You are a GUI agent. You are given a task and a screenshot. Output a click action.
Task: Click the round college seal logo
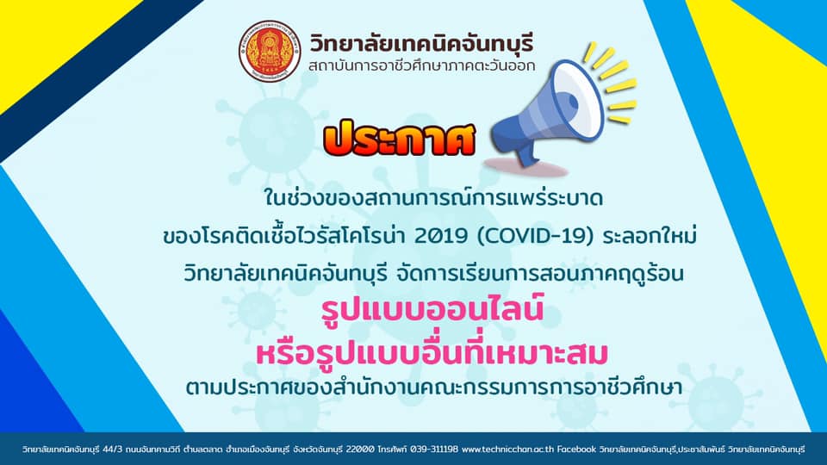pos(270,51)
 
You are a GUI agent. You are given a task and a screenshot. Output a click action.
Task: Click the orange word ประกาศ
pos(399,138)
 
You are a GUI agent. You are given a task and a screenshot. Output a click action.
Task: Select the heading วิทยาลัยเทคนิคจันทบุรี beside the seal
pos(421,42)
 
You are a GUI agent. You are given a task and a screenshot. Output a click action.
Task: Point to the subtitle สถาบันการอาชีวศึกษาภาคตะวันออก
pos(421,65)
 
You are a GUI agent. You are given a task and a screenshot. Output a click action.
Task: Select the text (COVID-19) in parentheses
pos(532,236)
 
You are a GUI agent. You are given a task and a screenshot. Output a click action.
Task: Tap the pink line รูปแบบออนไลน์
pos(432,310)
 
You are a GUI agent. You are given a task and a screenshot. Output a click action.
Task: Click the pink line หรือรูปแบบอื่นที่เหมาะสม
pos(432,351)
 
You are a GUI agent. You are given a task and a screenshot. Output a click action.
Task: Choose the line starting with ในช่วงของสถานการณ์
pos(433,198)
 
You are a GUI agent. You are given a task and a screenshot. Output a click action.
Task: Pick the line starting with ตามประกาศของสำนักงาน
pos(433,387)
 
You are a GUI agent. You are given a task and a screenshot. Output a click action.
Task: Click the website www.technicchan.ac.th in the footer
pos(507,449)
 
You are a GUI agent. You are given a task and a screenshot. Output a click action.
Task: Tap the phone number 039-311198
pos(434,449)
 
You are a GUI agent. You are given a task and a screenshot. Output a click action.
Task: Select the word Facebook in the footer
pos(576,449)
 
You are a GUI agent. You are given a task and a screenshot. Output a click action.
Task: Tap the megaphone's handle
pos(525,153)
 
